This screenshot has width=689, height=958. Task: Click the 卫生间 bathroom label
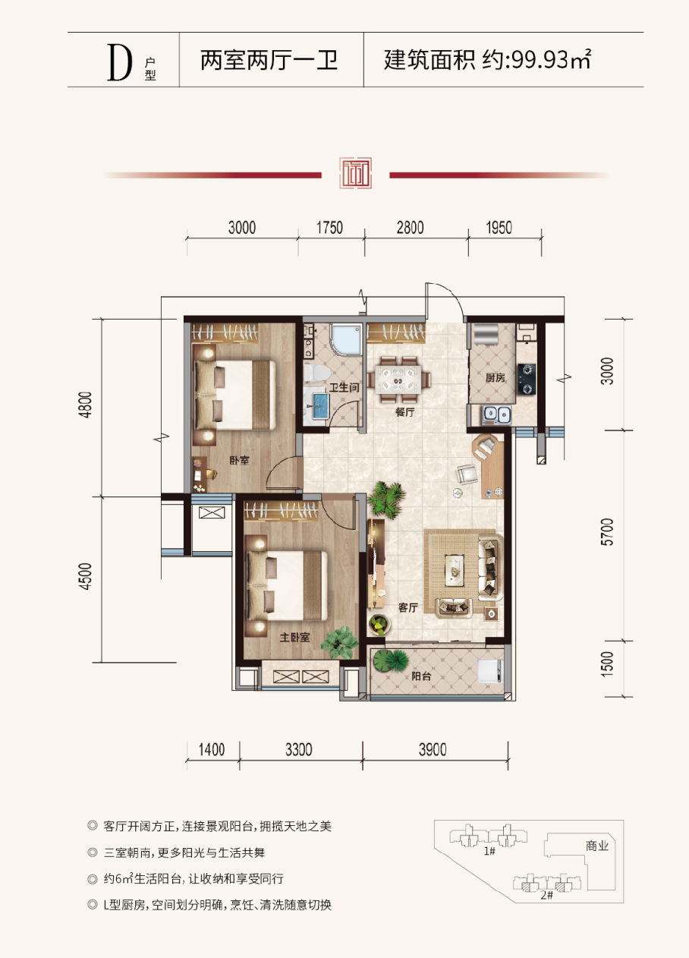point(344,387)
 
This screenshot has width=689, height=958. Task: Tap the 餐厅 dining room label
point(404,412)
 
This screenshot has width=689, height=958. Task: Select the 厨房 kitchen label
point(495,377)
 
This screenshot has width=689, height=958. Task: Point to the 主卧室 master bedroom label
point(294,638)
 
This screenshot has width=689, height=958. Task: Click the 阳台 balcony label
point(421,676)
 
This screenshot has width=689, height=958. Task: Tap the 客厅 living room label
point(407,608)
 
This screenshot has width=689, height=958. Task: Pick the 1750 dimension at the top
point(329,228)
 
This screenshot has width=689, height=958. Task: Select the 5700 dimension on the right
point(607,531)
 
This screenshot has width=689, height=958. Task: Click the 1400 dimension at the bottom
point(212,749)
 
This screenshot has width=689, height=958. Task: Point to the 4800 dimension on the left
point(86,405)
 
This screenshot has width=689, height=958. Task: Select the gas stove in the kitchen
point(527,379)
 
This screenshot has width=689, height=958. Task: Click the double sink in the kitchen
point(496,414)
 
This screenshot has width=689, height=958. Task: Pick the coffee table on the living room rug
point(454,569)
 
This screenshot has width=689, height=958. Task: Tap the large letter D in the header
point(119,62)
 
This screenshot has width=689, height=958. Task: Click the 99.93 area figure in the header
point(540,60)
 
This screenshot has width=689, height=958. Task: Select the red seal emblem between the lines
point(356,173)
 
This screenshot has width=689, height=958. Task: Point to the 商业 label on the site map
point(597,846)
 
